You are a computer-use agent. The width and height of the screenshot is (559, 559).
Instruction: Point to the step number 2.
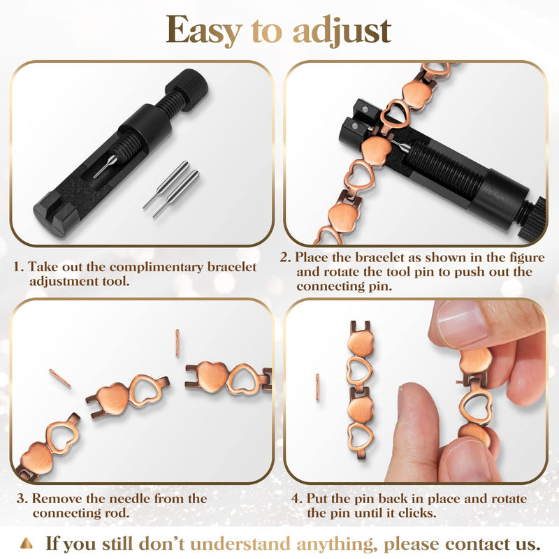285,257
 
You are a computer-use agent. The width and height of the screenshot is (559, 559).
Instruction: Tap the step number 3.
20,499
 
